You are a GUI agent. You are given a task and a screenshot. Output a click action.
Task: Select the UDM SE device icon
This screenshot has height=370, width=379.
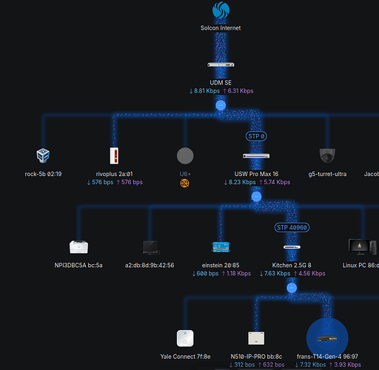221,64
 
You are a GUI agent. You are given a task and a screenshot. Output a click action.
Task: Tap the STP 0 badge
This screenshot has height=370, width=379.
257,136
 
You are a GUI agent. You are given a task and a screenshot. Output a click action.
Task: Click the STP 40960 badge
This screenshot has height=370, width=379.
290,227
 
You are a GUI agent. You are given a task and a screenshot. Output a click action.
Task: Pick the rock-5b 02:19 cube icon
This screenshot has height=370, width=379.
43,155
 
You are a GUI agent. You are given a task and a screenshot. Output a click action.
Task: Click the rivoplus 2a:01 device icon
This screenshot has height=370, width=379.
113,155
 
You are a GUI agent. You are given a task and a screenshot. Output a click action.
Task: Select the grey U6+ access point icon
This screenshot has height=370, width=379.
185,155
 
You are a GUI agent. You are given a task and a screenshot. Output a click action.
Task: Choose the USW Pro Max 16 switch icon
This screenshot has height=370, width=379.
256,155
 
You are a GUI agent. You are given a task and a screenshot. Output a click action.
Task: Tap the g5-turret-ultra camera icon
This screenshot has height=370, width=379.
327,155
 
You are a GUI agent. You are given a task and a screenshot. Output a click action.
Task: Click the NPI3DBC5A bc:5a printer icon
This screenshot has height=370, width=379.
78,246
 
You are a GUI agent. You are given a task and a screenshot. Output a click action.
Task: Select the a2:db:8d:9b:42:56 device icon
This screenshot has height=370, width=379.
150,246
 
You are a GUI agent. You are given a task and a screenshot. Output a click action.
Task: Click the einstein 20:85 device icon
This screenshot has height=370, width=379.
221,246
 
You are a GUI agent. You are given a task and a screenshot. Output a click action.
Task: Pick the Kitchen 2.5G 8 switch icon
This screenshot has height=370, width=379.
292,246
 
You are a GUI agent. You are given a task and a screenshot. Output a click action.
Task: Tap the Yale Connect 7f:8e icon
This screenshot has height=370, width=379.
185,338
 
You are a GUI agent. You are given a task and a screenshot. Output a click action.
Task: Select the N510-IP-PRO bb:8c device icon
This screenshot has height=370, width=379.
256,338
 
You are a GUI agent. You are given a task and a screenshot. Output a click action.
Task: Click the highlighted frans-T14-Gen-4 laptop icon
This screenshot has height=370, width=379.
327,338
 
